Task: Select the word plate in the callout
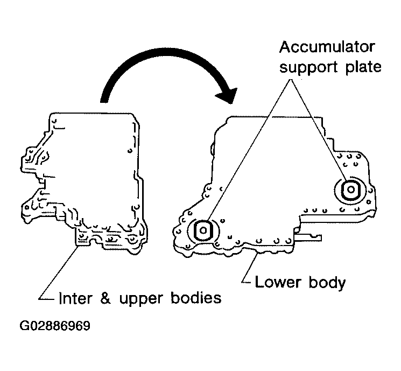click(362, 67)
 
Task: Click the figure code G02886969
click(55, 326)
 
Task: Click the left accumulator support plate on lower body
click(203, 230)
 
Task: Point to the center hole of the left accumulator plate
click(203, 230)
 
